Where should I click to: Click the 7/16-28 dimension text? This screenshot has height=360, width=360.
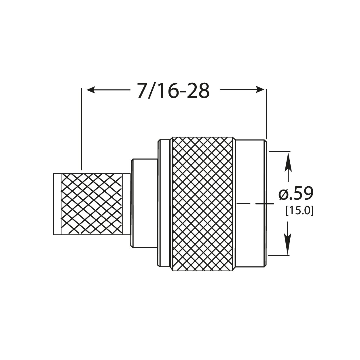point(173,90)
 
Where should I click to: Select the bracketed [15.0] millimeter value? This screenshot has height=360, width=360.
point(299,211)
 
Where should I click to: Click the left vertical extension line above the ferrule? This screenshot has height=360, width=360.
point(82,130)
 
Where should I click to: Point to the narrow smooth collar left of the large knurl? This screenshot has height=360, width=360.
point(163,203)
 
